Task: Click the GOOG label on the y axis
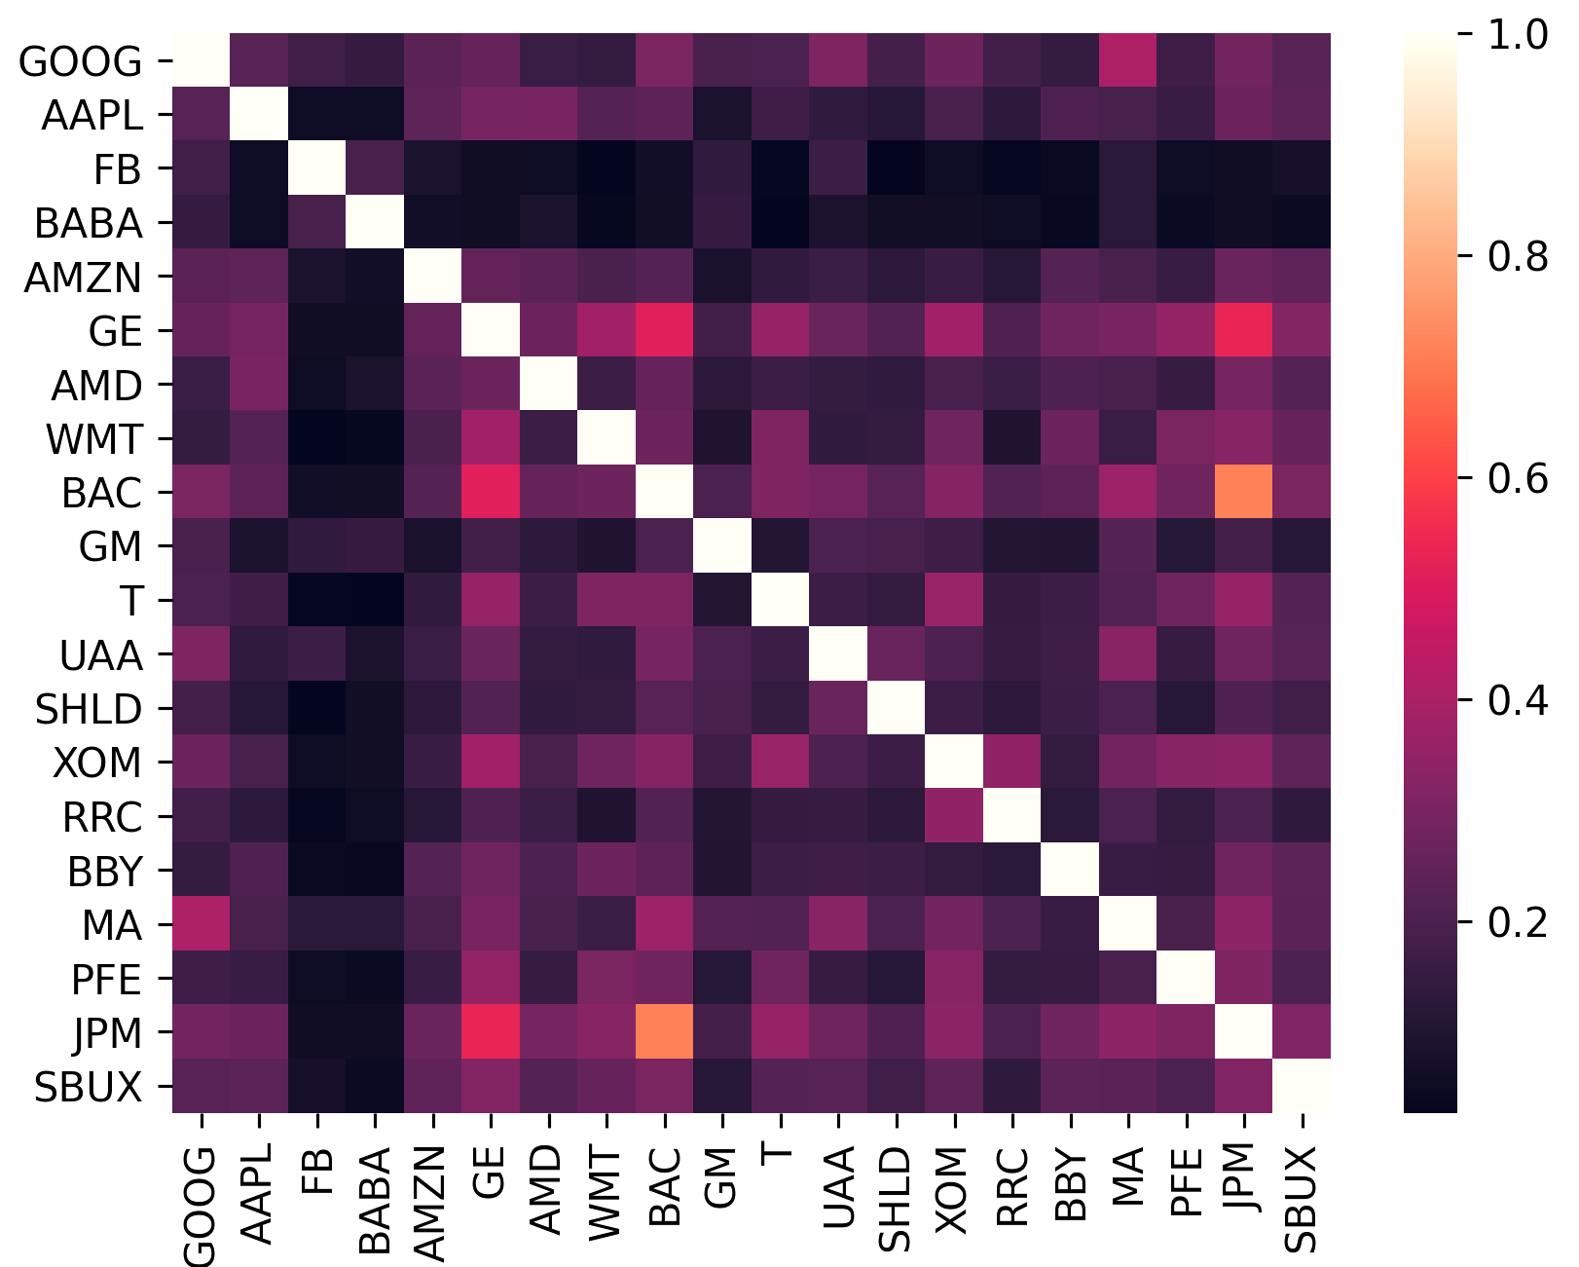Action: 80,61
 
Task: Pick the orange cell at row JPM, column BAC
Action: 663,1034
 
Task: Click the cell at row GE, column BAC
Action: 663,331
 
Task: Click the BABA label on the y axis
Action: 88,224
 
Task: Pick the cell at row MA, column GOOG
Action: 202,926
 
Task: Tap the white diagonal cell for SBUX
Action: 1302,1088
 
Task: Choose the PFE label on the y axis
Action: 107,980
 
